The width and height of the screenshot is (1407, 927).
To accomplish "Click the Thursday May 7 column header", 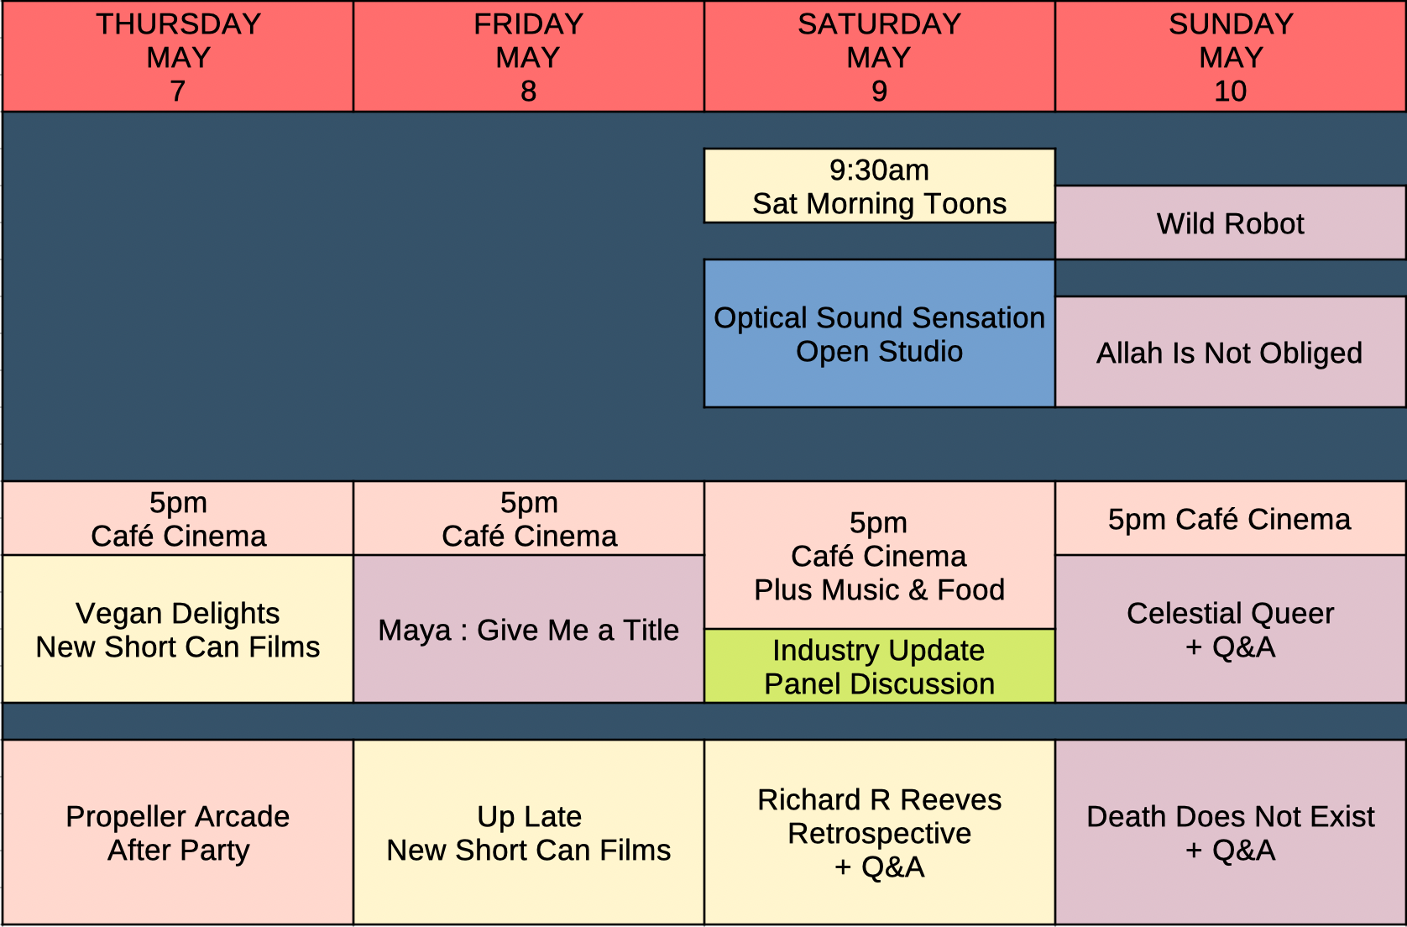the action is pos(178,57).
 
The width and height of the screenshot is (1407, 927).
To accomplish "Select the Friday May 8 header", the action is pos(528,57).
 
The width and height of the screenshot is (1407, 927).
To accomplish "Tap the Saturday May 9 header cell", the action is pos(879,57).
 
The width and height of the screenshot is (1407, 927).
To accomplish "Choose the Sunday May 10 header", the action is pos(1231,57).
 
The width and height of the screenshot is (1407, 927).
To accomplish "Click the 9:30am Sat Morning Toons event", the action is pos(879,186).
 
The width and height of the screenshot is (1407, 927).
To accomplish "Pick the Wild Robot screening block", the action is pos(1231,223).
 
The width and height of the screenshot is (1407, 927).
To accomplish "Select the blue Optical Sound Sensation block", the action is pos(879,334).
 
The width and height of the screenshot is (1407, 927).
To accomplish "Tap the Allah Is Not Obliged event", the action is pos(1231,353).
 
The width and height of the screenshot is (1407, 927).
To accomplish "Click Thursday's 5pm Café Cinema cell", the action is pos(178,519).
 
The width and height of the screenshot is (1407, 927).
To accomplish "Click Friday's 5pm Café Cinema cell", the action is pos(528,519).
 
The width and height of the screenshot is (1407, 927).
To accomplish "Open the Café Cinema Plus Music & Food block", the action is pos(879,556).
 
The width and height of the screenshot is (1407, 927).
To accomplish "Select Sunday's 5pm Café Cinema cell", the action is pos(1231,519).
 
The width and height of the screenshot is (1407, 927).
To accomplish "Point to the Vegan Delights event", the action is pos(178,630).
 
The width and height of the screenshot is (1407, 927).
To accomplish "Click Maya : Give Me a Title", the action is pos(528,630).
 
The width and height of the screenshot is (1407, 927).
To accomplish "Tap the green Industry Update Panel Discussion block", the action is pos(879,667).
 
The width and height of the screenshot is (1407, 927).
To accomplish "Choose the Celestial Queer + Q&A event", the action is pos(1231,630).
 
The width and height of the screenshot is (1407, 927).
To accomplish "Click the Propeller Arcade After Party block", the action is pos(178,833).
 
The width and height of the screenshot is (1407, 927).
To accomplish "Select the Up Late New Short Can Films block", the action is pos(528,833).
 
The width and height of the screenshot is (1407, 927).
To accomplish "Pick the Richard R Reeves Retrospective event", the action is pos(879,833).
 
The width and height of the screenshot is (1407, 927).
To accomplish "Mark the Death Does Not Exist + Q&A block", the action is pos(1231,833).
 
